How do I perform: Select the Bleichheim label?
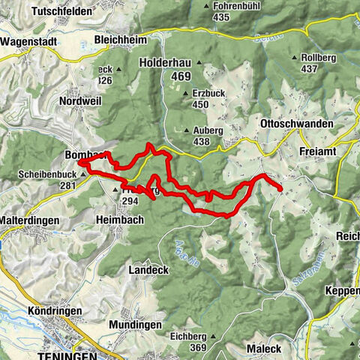click(x=119, y=39)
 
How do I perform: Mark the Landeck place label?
click(x=147, y=269)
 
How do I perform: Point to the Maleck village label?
click(x=262, y=349)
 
